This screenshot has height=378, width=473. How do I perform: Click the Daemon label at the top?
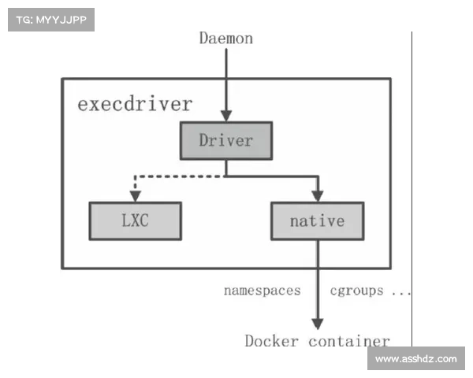(x=226, y=38)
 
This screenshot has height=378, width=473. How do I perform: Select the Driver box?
(x=226, y=141)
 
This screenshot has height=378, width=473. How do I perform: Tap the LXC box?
(x=136, y=221)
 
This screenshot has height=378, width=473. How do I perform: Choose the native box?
(x=317, y=220)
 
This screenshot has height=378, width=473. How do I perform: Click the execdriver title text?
(x=134, y=104)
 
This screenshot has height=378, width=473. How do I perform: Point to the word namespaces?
(x=262, y=291)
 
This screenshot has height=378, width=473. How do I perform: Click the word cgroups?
(x=356, y=291)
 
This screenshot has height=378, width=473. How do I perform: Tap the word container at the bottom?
(x=349, y=341)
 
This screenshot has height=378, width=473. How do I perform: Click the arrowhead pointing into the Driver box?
(x=226, y=115)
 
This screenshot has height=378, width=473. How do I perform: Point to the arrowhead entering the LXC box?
(x=136, y=197)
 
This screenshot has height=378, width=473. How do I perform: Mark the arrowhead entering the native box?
(x=318, y=196)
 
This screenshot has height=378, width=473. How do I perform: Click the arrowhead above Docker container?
(x=318, y=323)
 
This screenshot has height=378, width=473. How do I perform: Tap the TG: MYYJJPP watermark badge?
(x=50, y=19)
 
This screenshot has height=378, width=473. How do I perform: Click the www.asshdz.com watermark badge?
(x=415, y=359)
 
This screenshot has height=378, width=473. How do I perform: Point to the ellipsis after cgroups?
(x=400, y=292)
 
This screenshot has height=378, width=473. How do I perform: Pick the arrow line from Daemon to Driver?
(x=226, y=79)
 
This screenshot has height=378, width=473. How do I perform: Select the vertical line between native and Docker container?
(x=318, y=276)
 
